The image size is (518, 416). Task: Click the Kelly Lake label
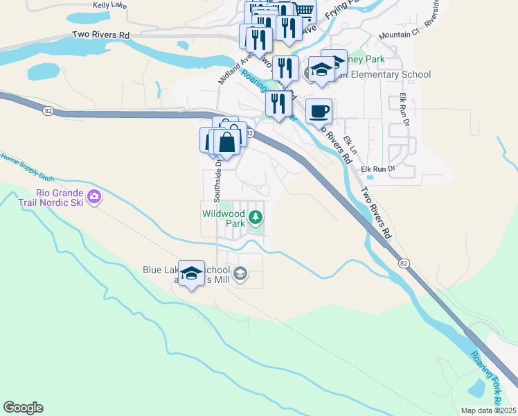coord(111,5)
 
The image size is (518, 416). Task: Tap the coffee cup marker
coord(319,112)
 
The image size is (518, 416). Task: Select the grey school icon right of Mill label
coord(240,274)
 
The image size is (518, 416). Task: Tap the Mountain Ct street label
coord(400,34)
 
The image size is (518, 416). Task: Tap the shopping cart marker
coord(303,10)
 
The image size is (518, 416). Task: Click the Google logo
coord(23,408)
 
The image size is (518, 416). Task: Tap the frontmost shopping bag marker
coord(227,141)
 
